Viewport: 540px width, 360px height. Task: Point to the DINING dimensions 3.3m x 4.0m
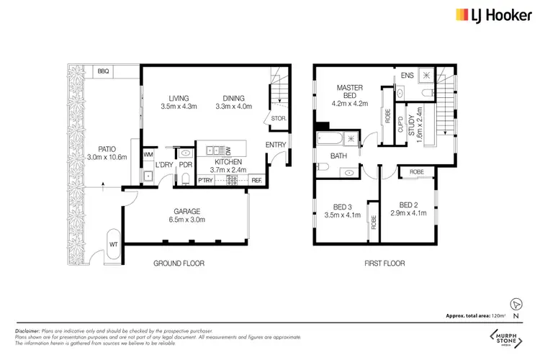point(233,107)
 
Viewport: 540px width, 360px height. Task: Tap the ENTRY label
point(276,145)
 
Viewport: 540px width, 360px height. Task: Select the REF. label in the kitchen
point(256,180)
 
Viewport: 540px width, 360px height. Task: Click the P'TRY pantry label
point(205,180)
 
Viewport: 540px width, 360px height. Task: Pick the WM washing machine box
point(148,154)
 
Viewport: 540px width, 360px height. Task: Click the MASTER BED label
point(350,92)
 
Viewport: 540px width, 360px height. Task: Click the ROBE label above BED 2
point(417,172)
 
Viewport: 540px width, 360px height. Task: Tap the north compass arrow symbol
point(514,304)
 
